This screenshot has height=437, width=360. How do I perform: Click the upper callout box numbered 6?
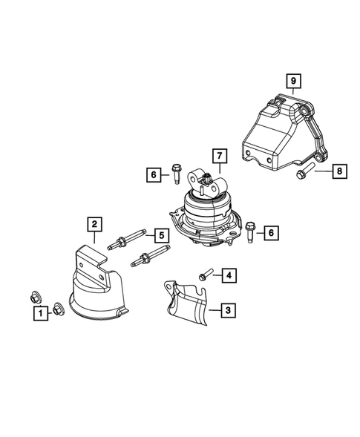(153, 175)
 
